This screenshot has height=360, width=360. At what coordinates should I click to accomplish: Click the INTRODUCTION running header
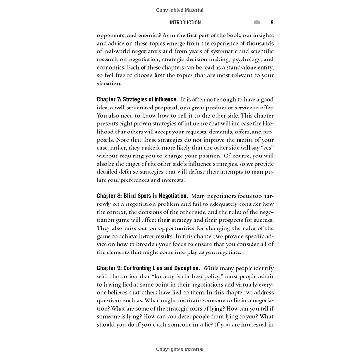pyautogui.click(x=185, y=23)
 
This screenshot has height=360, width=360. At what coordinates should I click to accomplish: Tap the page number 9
pyautogui.click(x=272, y=23)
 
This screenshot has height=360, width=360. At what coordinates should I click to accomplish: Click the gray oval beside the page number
pyautogui.click(x=257, y=23)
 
